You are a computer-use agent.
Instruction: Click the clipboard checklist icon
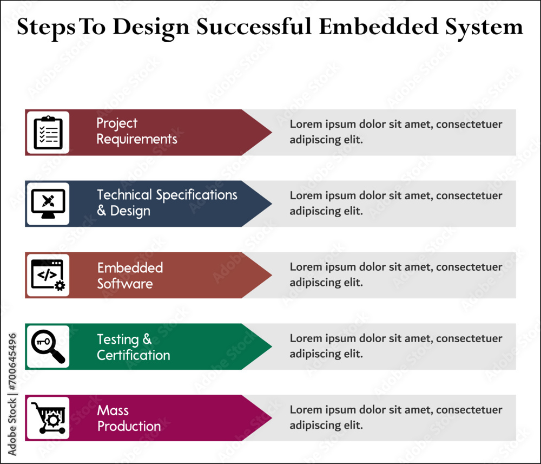point(48,133)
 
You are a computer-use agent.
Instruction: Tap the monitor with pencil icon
point(48,204)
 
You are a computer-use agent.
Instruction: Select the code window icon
point(48,275)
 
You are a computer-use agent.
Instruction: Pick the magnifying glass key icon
point(48,347)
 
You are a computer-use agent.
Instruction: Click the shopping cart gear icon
point(48,418)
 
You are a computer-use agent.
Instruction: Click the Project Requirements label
point(136,132)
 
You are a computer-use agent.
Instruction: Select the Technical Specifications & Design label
point(167,203)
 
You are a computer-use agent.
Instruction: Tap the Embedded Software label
point(130,276)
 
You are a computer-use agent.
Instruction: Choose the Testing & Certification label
point(133,347)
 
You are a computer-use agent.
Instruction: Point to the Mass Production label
point(129,419)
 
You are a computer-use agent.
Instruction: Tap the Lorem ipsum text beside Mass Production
point(395,417)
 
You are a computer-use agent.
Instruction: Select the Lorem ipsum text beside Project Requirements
point(395,132)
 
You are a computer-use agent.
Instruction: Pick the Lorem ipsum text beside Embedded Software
point(395,275)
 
